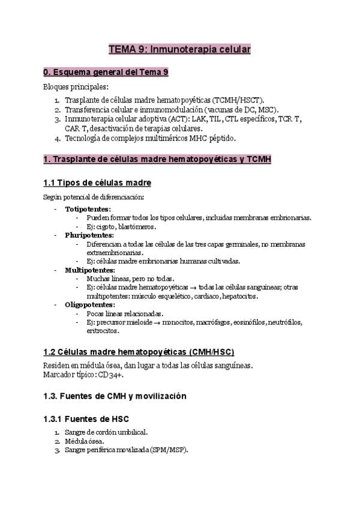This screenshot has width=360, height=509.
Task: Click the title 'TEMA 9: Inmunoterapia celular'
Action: tap(179, 49)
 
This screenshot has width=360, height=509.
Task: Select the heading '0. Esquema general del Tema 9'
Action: tap(106, 73)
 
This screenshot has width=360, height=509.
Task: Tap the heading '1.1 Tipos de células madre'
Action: tap(97, 182)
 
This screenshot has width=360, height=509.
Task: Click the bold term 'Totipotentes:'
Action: tap(88, 209)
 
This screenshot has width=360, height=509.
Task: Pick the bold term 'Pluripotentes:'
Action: tap(89, 235)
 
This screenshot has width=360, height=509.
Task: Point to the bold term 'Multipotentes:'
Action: tap(90, 270)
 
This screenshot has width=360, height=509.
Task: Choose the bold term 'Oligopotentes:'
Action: tap(90, 304)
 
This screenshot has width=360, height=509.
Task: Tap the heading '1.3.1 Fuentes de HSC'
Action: tap(86, 418)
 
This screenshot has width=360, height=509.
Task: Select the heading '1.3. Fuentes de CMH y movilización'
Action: tap(115, 396)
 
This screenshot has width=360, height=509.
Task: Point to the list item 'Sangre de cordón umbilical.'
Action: tap(106, 432)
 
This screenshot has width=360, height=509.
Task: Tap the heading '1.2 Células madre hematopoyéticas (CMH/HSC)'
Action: tap(139, 352)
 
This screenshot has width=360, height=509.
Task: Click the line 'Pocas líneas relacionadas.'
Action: tap(125, 313)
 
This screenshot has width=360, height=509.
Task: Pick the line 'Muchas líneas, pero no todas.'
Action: tap(130, 279)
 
